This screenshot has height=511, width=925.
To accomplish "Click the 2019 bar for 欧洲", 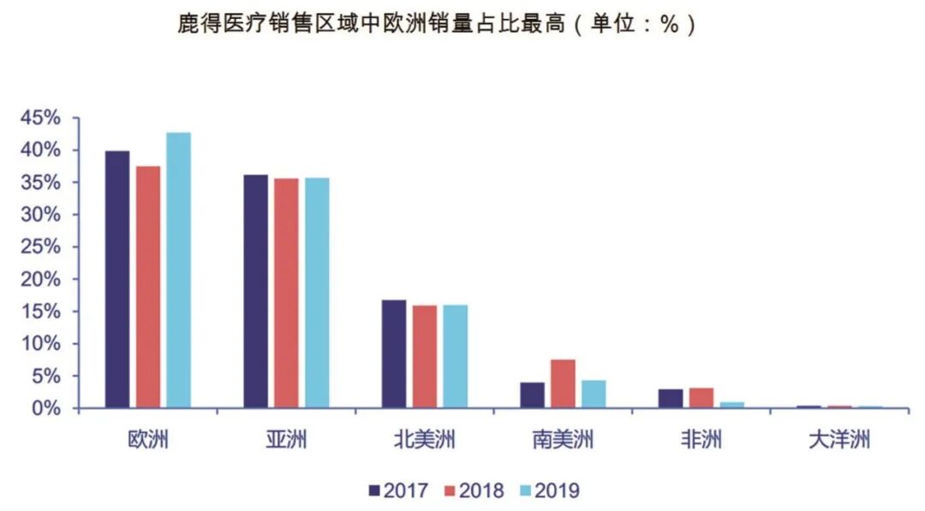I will tap(178, 270).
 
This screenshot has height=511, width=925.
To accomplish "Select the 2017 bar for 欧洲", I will tap(116, 280).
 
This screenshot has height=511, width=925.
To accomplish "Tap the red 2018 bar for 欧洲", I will tap(147, 287).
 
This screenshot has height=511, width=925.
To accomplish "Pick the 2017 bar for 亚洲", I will tap(255, 291).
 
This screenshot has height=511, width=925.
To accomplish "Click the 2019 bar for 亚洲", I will tap(317, 293).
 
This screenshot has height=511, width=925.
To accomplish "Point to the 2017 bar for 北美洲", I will tap(394, 354).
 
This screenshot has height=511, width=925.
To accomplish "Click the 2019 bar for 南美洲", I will tap(594, 394).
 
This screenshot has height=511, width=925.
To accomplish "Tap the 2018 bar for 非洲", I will tap(701, 398).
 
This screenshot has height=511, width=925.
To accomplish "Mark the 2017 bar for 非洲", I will tap(671, 399).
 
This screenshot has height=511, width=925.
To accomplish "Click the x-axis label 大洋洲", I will tap(838, 441).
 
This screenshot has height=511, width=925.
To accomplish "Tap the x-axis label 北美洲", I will tap(424, 441).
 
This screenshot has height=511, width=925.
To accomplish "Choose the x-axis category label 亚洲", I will tap(286, 441).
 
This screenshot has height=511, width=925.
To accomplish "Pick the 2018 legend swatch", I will tap(450, 490).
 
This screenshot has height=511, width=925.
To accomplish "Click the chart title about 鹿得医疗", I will tap(435, 24).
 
